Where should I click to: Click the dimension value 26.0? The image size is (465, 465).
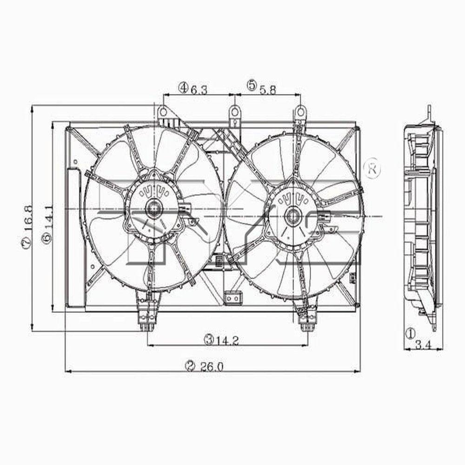pos(213,366)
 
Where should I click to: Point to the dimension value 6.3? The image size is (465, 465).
pos(199,88)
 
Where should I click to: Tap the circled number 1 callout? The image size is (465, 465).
pos(410,333)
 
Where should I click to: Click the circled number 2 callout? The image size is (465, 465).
pos(189,366)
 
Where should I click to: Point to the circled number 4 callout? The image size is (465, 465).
pos(183,87)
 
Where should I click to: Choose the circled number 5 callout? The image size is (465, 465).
pos(252,85)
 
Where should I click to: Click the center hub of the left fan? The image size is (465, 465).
pos(153,209)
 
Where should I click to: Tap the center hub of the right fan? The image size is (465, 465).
pos(292,215)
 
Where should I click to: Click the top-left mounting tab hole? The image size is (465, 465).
pos(163,112)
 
